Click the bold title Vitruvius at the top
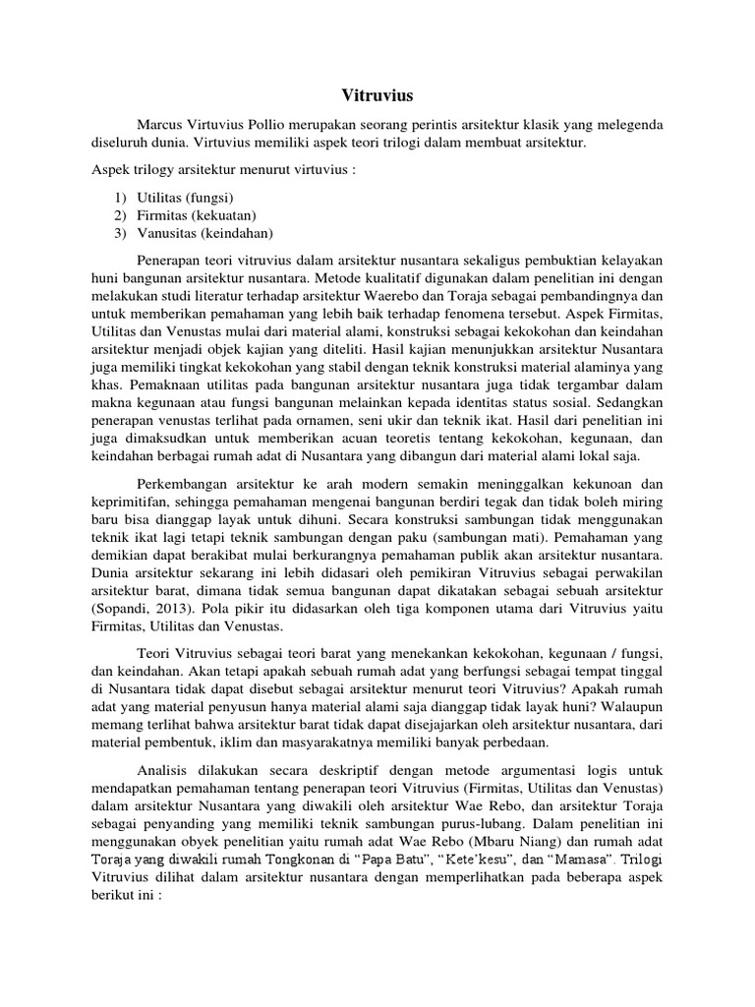[377, 96]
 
